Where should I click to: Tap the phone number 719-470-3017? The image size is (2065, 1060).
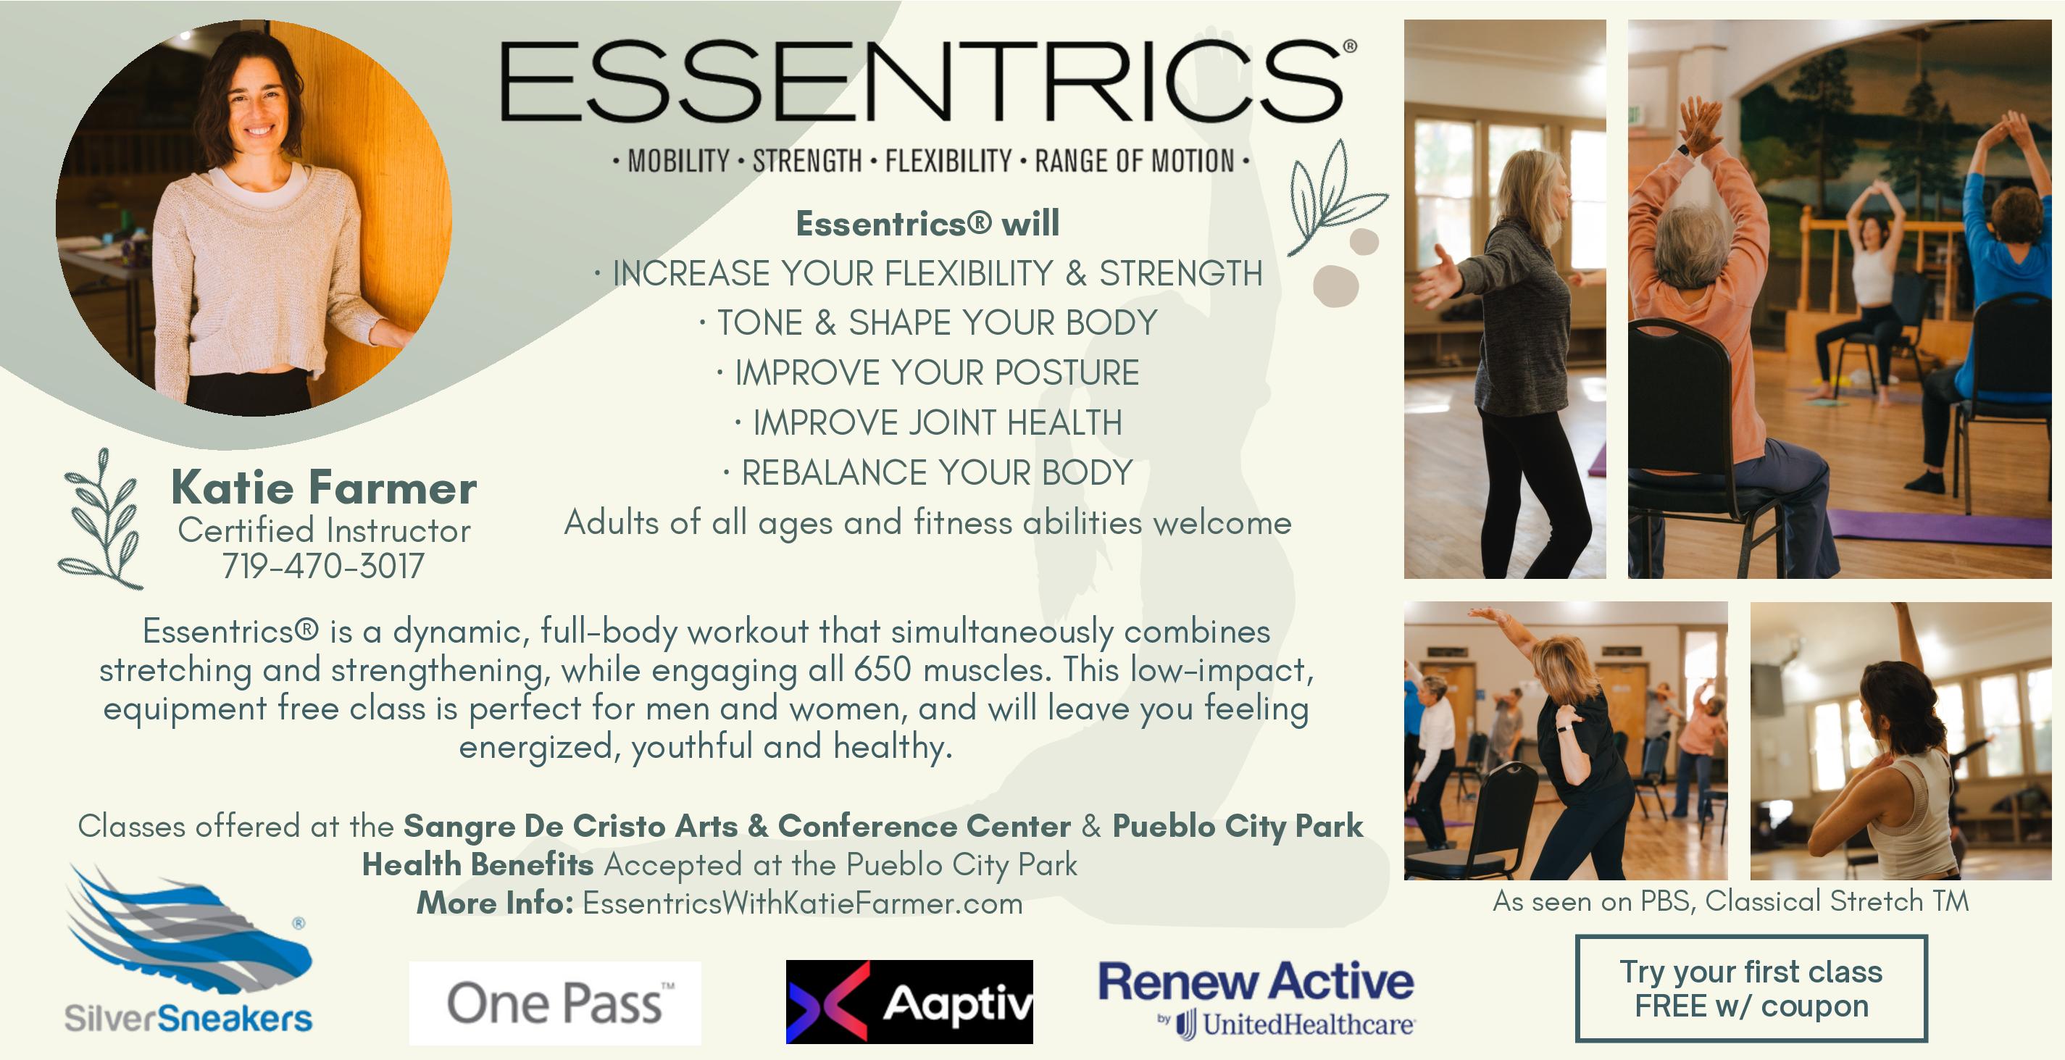(x=323, y=566)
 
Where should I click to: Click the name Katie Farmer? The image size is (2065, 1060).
(x=324, y=488)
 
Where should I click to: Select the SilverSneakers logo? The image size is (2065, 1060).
(x=188, y=948)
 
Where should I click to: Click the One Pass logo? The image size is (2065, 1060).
(x=555, y=1003)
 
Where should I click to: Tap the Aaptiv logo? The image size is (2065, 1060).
(x=909, y=1001)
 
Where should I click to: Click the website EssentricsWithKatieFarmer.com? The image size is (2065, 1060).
(x=802, y=903)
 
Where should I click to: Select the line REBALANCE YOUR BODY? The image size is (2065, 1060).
(x=928, y=473)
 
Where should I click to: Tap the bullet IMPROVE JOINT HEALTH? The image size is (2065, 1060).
(x=928, y=422)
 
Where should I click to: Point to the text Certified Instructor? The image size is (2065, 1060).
(x=324, y=530)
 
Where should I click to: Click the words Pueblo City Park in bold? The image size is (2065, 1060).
(x=1238, y=826)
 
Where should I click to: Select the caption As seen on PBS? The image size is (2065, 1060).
(x=1730, y=901)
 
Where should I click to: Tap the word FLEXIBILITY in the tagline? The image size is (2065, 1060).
(x=948, y=161)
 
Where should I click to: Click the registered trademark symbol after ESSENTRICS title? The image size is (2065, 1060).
(x=1350, y=46)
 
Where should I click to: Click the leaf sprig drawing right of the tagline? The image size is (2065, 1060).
(x=1334, y=196)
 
